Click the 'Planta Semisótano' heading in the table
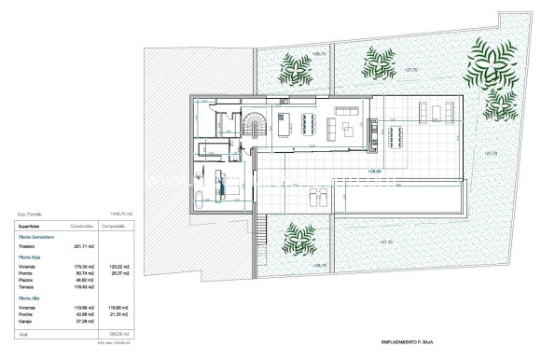click(36, 237)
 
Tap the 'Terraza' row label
click(29, 285)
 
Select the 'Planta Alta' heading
click(30, 298)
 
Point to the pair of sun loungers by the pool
click(317, 198)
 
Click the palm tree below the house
click(298, 237)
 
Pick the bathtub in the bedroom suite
click(201, 193)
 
